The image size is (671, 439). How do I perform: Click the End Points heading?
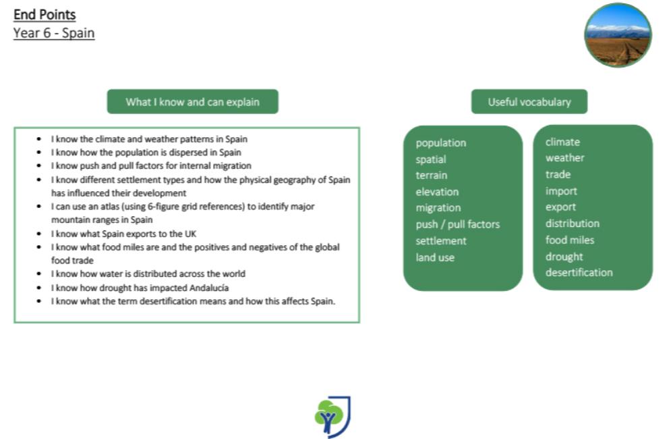pos(45,15)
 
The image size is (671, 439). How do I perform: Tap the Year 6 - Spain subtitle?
pos(54,33)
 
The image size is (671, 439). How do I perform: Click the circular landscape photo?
pos(618,35)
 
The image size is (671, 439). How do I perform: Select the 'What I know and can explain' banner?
pos(193,101)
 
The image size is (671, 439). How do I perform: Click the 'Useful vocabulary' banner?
pos(529,101)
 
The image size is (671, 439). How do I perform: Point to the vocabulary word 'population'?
pos(441,143)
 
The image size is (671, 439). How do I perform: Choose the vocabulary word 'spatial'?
pos(431,159)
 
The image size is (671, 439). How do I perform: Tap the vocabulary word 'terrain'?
pos(432,176)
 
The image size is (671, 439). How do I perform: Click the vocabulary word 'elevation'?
pos(437,192)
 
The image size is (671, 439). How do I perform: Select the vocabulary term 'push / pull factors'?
pos(457,224)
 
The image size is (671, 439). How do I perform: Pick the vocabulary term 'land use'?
pos(435,257)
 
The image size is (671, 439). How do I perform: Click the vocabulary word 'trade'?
pos(558,174)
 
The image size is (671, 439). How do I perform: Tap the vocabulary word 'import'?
pos(561,191)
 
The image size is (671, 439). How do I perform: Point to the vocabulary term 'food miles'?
pos(570,240)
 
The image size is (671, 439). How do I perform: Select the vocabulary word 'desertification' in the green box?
pos(579,272)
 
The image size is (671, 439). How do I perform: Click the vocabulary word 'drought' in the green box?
pos(564,257)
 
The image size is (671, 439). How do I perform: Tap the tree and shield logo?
pos(332,417)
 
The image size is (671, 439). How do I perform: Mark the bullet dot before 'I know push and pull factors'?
pos(39,165)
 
